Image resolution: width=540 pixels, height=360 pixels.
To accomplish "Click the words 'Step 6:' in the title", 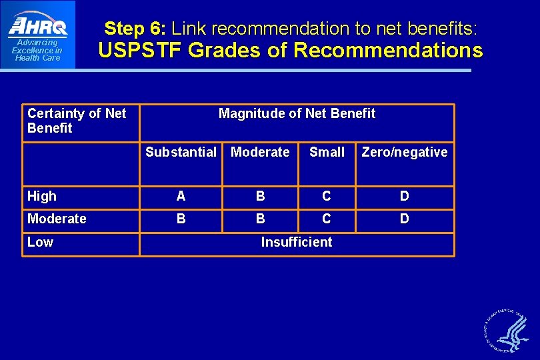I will [x=135, y=29].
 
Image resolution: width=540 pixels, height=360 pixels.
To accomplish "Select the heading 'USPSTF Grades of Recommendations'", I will [x=290, y=50].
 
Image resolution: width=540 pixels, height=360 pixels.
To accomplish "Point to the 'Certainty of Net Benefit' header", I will [x=77, y=121].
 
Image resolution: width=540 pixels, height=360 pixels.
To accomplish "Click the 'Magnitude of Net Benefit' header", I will [x=297, y=113].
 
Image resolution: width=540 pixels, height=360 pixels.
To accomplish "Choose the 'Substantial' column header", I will [x=181, y=152].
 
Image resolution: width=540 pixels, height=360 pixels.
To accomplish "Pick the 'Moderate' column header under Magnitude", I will [x=260, y=152].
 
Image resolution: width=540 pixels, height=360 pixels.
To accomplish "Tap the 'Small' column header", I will [x=327, y=152].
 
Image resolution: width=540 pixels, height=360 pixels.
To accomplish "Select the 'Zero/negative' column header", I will [x=404, y=152].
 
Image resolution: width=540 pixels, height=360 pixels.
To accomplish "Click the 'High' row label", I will [x=42, y=196].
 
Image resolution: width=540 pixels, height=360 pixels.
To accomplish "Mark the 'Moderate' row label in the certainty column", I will [x=57, y=219].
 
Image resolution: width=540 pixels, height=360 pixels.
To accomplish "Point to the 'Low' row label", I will [x=40, y=242].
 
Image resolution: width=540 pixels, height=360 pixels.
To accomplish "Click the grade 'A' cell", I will [x=181, y=196].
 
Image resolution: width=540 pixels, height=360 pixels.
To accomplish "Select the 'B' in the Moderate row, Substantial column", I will [x=181, y=219].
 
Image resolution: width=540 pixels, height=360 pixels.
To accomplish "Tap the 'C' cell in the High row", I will [x=326, y=196].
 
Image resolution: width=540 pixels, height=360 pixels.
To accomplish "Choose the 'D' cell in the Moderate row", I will [x=404, y=219].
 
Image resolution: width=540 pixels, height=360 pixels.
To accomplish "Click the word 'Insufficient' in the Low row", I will [x=296, y=242].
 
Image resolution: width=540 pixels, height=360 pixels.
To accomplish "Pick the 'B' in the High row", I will [x=260, y=196].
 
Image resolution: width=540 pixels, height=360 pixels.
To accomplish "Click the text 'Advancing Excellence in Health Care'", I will [x=37, y=50].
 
